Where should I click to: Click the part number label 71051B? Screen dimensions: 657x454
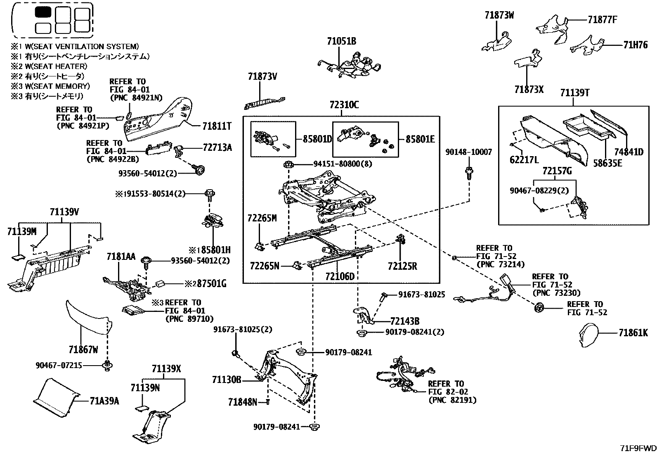point(341,41)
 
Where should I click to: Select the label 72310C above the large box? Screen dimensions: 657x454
point(344,105)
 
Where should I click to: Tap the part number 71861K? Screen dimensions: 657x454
point(633,333)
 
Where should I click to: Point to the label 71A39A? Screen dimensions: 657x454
point(104,401)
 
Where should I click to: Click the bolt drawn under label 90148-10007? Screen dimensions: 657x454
point(469,173)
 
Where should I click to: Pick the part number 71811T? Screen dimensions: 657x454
point(217,126)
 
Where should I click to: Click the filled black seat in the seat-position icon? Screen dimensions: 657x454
point(43,12)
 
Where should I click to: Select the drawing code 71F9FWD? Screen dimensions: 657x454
point(638,448)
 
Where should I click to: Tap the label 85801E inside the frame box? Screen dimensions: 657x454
point(420,139)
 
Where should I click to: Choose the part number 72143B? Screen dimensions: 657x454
point(405,321)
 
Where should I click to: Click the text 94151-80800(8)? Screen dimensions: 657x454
point(343,164)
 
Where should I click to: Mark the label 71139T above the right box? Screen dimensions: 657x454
point(574,93)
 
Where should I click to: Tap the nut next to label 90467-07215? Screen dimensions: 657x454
point(107,366)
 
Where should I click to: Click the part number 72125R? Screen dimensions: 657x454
point(402,266)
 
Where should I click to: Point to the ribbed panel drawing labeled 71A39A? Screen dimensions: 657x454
point(56,397)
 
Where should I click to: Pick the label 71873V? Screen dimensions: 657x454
point(262,77)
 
